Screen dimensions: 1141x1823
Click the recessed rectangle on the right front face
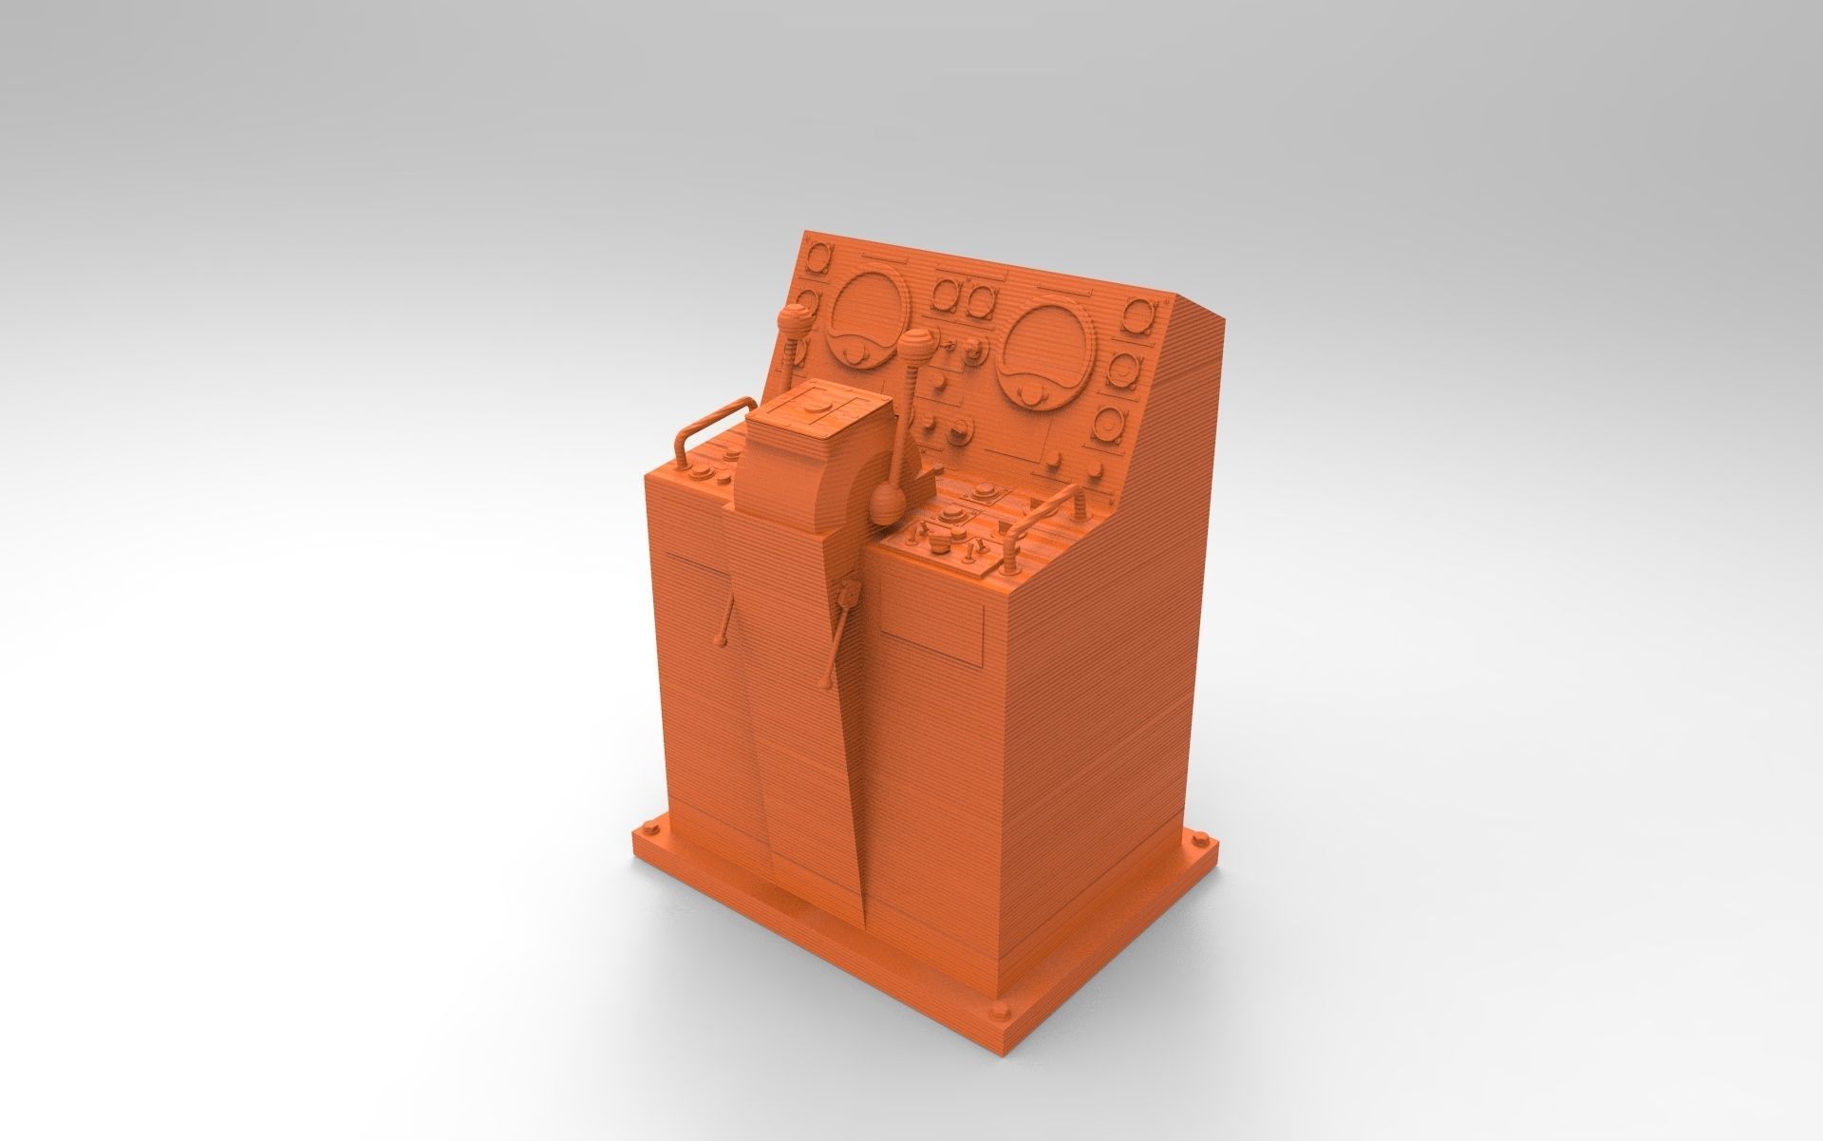930,645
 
